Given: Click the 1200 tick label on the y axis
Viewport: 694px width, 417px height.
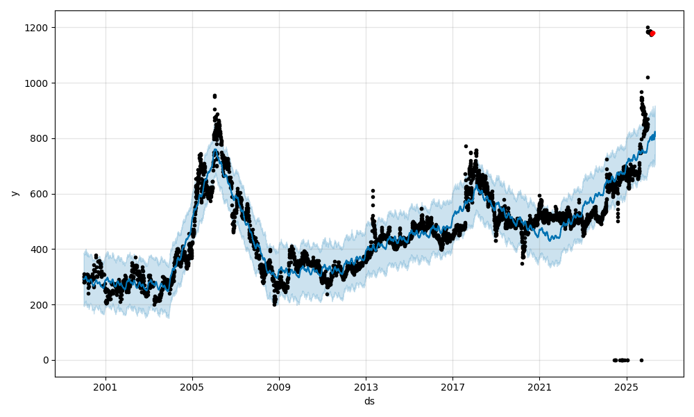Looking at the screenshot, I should [37, 28].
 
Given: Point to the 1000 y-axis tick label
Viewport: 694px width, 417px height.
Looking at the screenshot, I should [37, 83].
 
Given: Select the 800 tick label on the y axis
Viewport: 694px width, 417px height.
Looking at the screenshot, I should [40, 138].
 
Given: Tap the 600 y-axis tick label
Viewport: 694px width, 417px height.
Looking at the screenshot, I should [40, 194].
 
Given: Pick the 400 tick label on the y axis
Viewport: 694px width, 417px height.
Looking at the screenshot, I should [40, 250].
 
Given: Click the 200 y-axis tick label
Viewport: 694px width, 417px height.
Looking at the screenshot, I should [40, 305].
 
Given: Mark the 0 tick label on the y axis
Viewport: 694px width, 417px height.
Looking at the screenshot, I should [45, 360].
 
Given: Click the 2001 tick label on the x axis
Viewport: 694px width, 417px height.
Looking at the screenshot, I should [105, 387].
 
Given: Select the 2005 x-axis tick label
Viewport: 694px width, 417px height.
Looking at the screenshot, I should [192, 387].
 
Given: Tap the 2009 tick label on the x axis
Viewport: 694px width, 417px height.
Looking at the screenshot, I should [279, 387].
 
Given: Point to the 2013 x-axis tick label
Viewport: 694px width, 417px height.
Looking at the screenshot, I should [366, 387].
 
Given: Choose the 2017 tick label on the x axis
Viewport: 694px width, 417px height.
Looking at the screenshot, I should [452, 387].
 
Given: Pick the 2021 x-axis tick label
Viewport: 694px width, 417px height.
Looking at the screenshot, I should [539, 387].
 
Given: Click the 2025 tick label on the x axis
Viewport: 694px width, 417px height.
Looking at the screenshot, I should [626, 387].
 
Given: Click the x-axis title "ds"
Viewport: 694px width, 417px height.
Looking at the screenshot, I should [369, 401].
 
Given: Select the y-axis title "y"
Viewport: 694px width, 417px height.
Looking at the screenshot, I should [13, 193].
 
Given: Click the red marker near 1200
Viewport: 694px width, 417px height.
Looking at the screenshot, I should [652, 33].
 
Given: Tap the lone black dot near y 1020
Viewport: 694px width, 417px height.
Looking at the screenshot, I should [648, 77].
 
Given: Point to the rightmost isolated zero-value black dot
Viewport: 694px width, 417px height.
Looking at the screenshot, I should [641, 360].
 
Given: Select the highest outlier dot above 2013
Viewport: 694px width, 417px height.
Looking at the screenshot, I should [373, 190].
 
